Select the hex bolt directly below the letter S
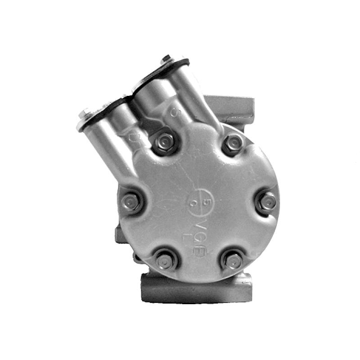164,143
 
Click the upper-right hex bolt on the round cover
233,144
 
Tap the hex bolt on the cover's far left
131,201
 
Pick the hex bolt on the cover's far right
267,201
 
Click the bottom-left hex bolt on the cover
164,260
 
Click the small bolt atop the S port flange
167,58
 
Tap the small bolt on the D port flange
84,113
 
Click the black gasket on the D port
103,110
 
